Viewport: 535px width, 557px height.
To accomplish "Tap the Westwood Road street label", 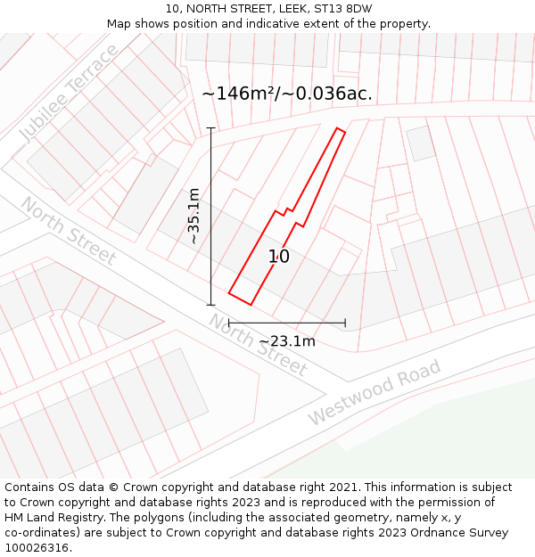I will pyautogui.click(x=374, y=392).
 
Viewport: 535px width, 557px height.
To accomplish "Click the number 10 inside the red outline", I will pyautogui.click(x=279, y=257).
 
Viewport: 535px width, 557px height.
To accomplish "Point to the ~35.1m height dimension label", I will pyautogui.click(x=193, y=217).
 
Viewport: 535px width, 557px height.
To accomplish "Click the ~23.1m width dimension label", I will pyautogui.click(x=287, y=340).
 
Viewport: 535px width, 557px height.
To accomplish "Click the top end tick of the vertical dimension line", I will pyautogui.click(x=211, y=128).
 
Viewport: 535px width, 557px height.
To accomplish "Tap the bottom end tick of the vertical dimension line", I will pyautogui.click(x=211, y=305).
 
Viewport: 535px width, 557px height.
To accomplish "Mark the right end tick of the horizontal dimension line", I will pyautogui.click(x=345, y=322).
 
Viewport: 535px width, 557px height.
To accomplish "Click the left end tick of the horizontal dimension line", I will pyautogui.click(x=229, y=322).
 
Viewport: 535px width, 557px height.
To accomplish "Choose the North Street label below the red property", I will pyautogui.click(x=259, y=345).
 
